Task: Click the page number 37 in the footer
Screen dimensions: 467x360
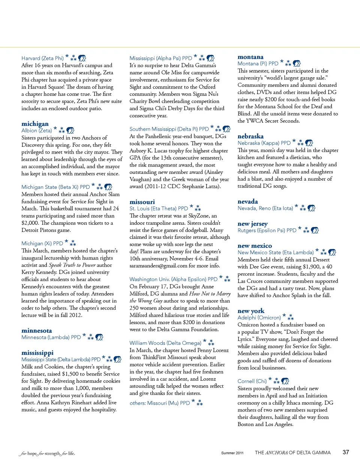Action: [x=346, y=452]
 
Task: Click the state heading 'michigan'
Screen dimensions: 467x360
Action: [x=35, y=124]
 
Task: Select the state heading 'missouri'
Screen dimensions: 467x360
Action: [x=142, y=202]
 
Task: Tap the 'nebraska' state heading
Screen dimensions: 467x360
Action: [x=250, y=136]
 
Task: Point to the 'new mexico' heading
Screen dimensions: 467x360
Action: [x=255, y=245]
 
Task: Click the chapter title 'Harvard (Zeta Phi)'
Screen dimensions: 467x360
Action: [x=42, y=58]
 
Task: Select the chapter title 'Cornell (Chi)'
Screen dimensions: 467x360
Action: [x=252, y=381]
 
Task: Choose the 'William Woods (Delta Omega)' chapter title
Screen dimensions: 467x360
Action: [x=165, y=343]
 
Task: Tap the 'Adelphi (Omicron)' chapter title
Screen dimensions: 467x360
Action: [x=259, y=317]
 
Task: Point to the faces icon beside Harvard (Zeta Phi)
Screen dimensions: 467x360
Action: [x=82, y=58]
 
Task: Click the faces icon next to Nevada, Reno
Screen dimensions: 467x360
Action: [x=311, y=208]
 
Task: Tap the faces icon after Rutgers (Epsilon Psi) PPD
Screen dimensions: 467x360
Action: [x=315, y=230]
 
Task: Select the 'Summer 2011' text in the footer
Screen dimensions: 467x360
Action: [x=232, y=453]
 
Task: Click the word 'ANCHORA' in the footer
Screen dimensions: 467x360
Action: [x=276, y=453]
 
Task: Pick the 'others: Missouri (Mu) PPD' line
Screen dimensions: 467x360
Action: [x=159, y=403]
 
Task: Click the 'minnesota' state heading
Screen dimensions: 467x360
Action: [x=37, y=331]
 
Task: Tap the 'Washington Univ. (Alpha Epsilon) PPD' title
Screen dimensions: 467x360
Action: [x=173, y=279]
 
